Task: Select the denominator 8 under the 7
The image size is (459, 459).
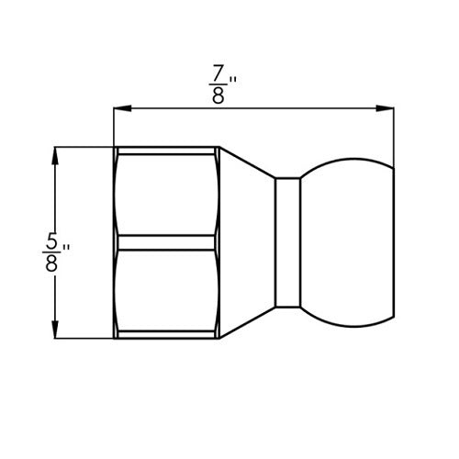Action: (218, 94)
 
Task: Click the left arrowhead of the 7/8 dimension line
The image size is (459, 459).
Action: (119, 109)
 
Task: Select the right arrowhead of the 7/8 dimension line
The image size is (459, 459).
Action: (388, 109)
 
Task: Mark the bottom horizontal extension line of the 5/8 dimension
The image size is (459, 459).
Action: (83, 339)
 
